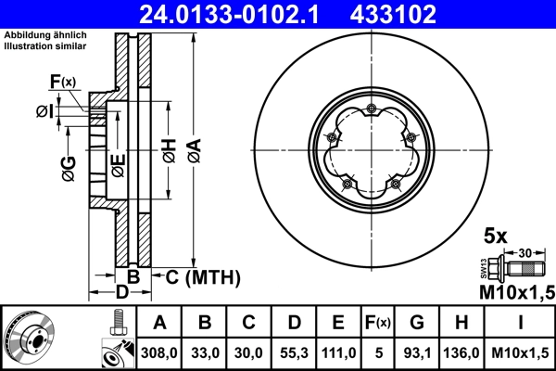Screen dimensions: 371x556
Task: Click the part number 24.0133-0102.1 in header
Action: (x=234, y=13)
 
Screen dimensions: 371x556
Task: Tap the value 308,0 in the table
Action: (x=158, y=353)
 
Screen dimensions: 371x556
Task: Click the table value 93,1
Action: (x=418, y=353)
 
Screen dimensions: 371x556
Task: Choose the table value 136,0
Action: (x=465, y=353)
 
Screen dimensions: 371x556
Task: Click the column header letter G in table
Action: (x=418, y=323)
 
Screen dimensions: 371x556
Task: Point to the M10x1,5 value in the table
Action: (x=520, y=353)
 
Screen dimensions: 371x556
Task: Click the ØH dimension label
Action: (x=168, y=150)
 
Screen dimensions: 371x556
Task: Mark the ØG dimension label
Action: (x=68, y=168)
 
